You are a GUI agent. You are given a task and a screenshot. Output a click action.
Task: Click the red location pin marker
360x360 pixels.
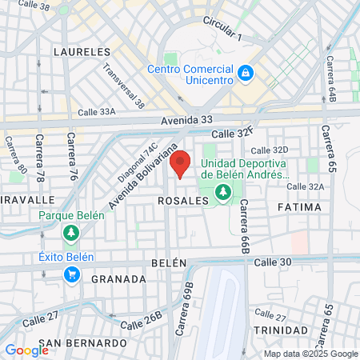181,163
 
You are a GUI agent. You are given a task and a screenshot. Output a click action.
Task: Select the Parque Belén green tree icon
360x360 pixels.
71,232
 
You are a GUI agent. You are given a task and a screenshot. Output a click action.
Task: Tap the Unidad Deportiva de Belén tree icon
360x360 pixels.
222,192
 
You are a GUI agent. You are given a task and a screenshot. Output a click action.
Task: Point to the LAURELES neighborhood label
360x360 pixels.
81,51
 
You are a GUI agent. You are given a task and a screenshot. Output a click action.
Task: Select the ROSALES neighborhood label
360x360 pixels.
183,201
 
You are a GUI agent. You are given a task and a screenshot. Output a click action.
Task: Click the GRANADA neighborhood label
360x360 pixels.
119,279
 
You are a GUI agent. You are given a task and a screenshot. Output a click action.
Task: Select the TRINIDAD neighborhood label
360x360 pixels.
280,330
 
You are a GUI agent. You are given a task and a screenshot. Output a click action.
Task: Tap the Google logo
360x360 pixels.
27,350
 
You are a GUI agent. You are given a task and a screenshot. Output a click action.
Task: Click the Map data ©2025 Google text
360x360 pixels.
311,354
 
